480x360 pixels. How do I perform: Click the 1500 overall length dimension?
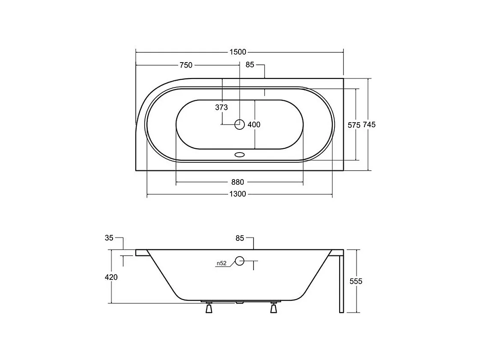click(238, 52)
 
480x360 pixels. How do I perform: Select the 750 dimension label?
click(186, 65)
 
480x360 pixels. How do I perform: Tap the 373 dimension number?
click(221, 107)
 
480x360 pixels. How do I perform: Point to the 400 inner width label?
click(254, 124)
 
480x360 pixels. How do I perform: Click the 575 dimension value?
click(354, 125)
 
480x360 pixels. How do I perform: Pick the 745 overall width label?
click(369, 124)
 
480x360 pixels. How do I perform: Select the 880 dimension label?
click(238, 182)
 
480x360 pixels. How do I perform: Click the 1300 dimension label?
click(238, 194)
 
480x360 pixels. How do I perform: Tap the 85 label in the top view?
click(250, 65)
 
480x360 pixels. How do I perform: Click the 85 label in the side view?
click(240, 238)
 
